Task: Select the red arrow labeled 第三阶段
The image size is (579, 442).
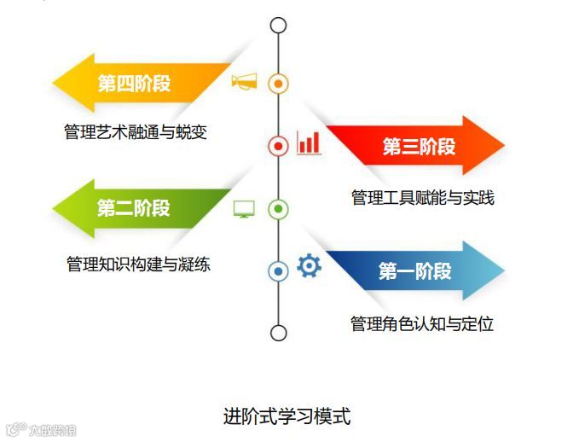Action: [x=418, y=146]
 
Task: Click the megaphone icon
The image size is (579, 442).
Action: [x=244, y=82]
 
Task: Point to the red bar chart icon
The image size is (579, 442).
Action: [x=309, y=143]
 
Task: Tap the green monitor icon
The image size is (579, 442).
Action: [x=244, y=208]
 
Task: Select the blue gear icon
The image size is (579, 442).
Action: [x=309, y=267]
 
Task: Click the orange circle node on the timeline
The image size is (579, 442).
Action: [x=278, y=84]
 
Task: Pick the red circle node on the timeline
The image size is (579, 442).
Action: [x=278, y=146]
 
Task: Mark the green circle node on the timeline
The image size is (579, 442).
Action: [x=278, y=209]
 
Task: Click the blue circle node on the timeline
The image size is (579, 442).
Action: [x=278, y=271]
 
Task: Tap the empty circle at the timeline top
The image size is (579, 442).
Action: [x=278, y=25]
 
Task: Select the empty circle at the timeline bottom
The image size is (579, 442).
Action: [x=278, y=332]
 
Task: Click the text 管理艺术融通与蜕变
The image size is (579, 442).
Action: [x=136, y=132]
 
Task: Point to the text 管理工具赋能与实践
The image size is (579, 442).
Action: [x=422, y=198]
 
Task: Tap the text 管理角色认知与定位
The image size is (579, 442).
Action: [x=422, y=324]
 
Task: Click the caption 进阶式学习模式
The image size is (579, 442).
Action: [x=287, y=416]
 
